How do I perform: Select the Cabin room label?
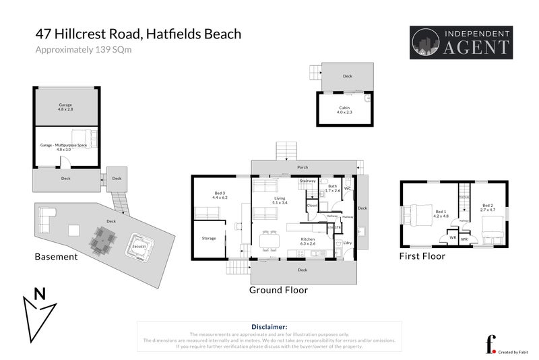coord(344,110)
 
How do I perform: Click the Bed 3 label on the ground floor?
coord(220,195)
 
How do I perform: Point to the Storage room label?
coord(209,238)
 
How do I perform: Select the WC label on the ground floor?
coord(348,189)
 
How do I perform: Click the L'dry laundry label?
coord(348,243)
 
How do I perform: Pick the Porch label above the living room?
coord(303,167)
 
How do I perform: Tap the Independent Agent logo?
coord(461,42)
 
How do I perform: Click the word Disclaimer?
coord(269,326)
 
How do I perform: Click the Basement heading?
coord(56,257)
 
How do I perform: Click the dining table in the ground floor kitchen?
coord(269,240)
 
